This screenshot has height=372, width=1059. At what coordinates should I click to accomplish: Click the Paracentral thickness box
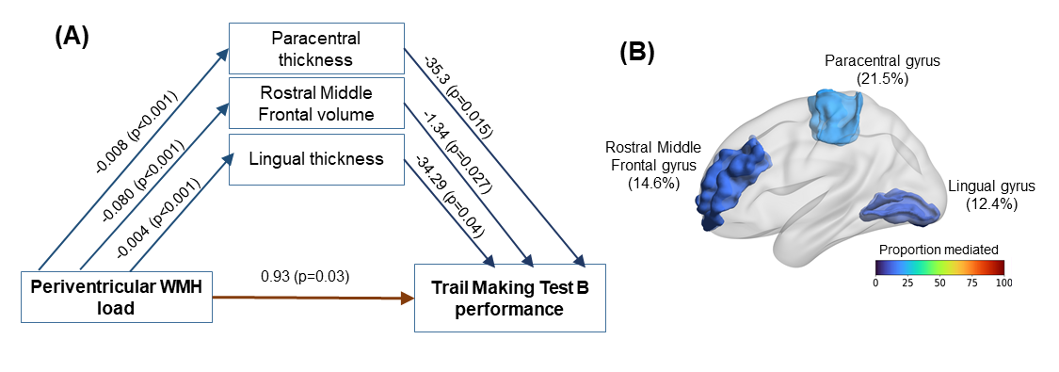(x=316, y=49)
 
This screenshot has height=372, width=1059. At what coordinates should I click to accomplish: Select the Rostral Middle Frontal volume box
(x=316, y=103)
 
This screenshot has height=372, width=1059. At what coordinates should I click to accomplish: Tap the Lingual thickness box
(x=316, y=159)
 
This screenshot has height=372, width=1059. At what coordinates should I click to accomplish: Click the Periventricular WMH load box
(x=118, y=297)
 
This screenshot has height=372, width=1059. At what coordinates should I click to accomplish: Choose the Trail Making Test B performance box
(x=510, y=298)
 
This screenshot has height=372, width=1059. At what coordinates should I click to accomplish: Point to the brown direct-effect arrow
(x=313, y=298)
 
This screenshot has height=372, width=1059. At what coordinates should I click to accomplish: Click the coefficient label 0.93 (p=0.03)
(x=305, y=276)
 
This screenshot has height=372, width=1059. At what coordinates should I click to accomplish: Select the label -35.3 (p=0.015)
(x=457, y=98)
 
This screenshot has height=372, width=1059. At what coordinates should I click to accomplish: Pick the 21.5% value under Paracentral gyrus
(x=882, y=78)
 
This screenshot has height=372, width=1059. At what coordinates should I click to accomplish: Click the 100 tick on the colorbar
(x=1003, y=282)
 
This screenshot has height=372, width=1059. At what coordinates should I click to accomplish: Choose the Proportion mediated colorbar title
(x=939, y=250)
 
